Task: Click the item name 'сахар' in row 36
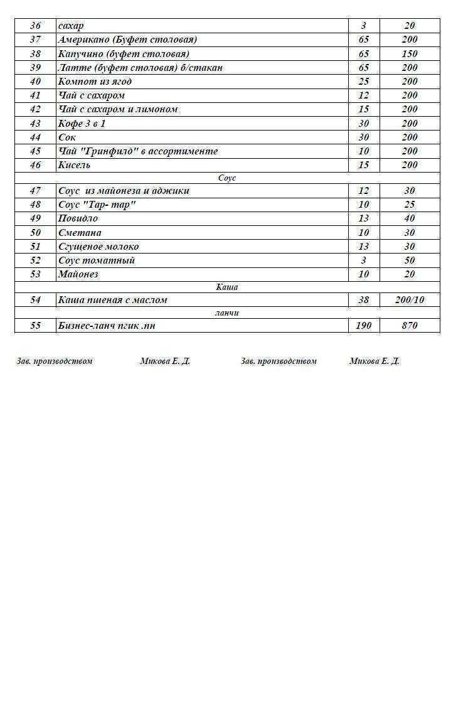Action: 70,26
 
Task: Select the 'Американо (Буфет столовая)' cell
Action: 127,40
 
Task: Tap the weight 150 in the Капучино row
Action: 409,54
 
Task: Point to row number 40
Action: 35,82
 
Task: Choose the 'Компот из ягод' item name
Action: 95,82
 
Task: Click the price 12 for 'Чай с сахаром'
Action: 363,95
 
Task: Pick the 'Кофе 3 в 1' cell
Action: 82,124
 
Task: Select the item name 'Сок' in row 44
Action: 66,137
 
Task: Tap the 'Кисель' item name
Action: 74,165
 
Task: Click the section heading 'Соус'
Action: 227,178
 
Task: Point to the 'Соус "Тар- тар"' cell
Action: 97,205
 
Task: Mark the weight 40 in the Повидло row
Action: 409,218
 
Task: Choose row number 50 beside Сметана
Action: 35,233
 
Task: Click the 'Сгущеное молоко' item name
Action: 98,247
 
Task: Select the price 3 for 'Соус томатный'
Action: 363,260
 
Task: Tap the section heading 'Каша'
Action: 227,287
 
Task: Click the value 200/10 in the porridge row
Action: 409,300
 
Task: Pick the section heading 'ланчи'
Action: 227,313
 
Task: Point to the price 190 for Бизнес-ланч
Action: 363,326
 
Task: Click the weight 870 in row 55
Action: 409,326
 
